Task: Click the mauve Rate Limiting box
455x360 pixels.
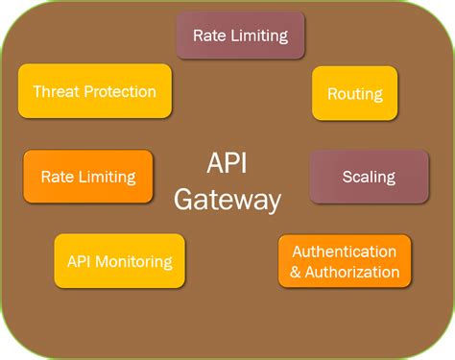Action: click(x=240, y=36)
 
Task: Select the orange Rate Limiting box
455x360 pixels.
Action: click(x=88, y=177)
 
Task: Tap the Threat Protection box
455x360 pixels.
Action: click(x=94, y=92)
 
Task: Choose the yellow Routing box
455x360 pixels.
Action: click(x=354, y=94)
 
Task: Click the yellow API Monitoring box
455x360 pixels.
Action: click(x=119, y=261)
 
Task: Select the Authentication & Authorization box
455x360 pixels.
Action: click(x=345, y=261)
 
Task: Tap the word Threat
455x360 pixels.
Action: click(x=56, y=92)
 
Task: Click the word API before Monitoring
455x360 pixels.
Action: click(x=80, y=261)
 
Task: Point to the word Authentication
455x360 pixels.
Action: click(x=345, y=252)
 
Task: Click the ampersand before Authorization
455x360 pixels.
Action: click(x=296, y=272)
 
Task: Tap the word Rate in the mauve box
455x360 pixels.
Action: click(x=208, y=36)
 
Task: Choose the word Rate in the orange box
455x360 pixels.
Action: click(x=56, y=177)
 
